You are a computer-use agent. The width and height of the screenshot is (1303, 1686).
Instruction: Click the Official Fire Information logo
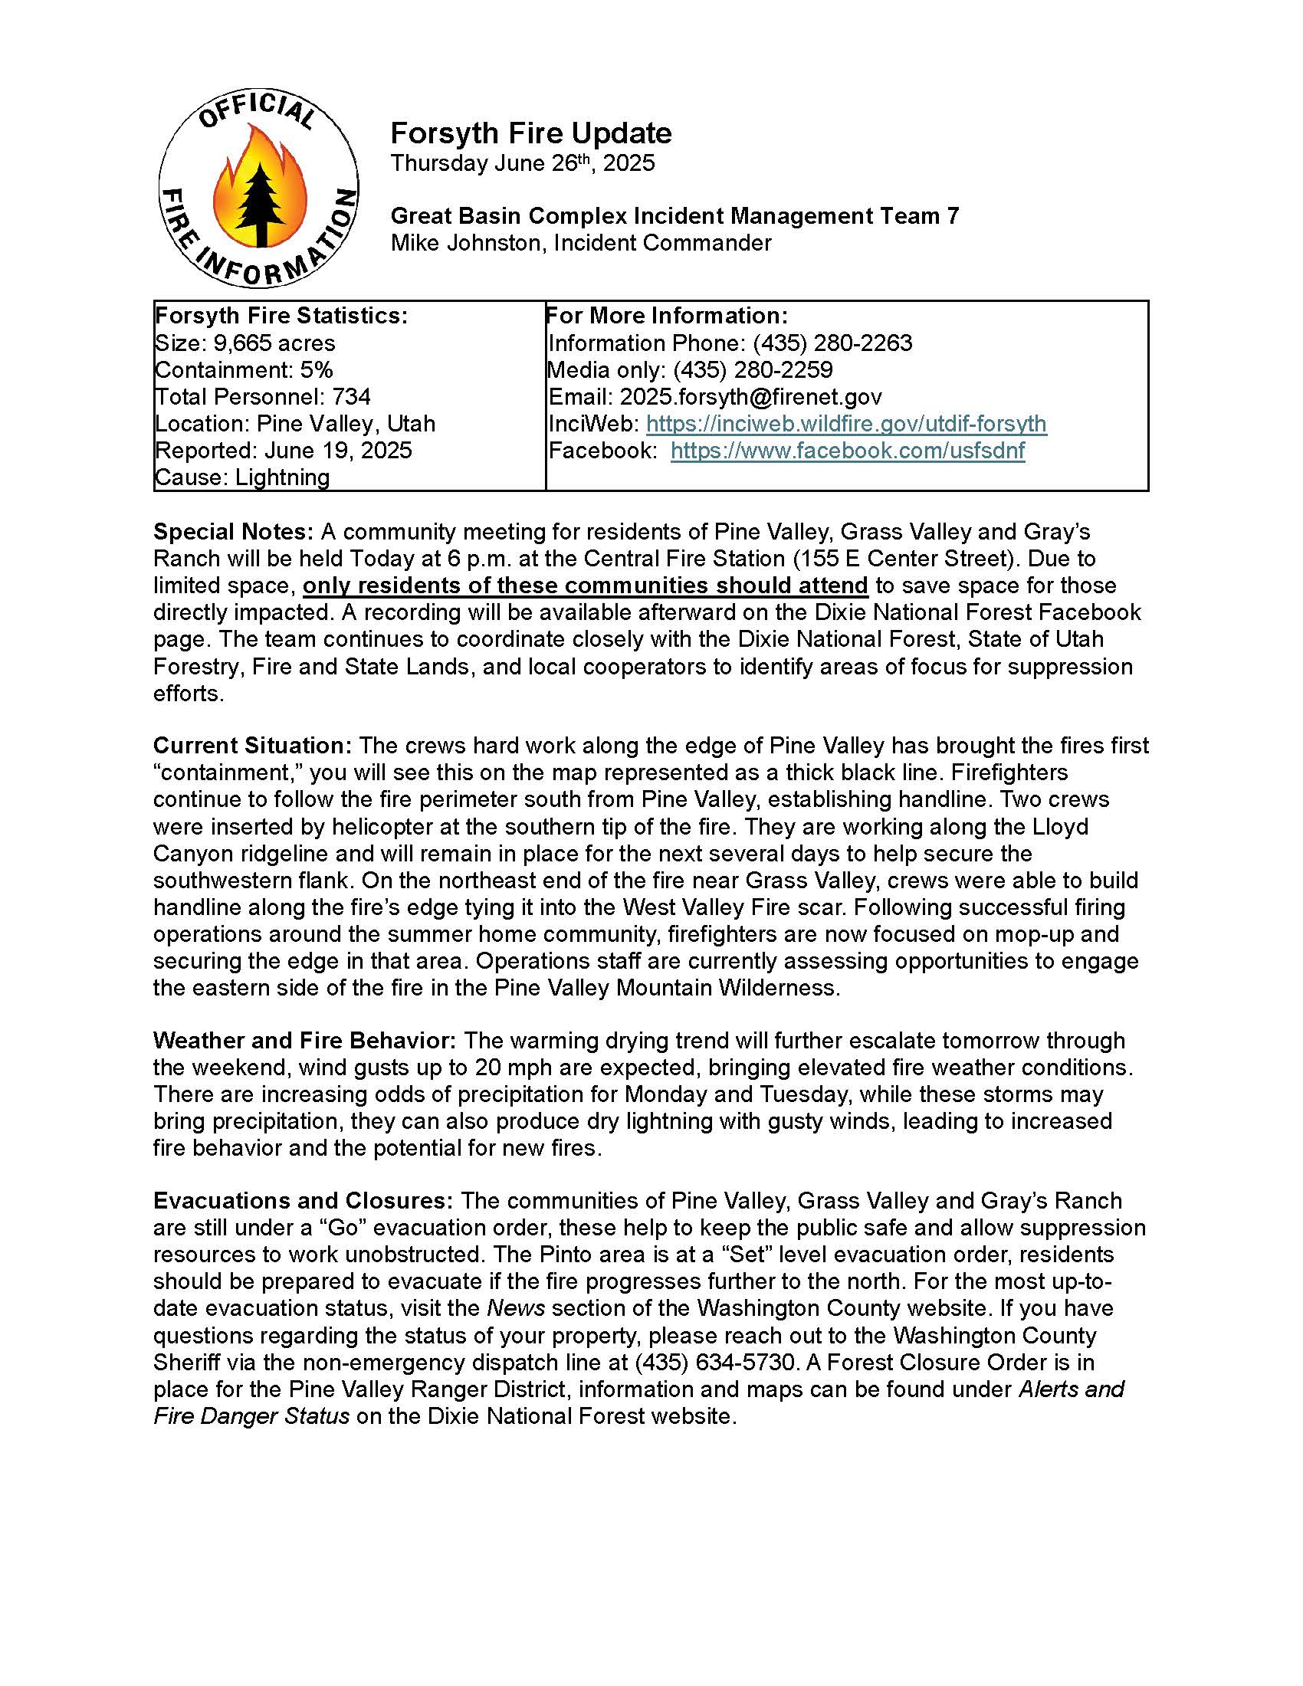[x=258, y=189]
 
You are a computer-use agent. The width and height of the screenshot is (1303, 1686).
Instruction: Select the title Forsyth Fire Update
[x=530, y=133]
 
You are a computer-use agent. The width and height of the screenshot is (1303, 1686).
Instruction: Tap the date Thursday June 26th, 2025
[x=522, y=163]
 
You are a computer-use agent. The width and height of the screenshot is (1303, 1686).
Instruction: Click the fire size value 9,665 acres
[x=274, y=343]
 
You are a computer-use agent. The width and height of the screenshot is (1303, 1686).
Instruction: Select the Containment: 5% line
[x=244, y=370]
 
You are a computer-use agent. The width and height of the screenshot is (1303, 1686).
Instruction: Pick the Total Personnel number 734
[x=351, y=397]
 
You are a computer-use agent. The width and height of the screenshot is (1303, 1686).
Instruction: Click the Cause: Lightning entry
[x=242, y=477]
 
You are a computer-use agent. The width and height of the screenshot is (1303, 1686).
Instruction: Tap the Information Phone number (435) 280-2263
[x=832, y=343]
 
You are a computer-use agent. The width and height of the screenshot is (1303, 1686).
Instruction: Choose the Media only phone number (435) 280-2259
[x=753, y=370]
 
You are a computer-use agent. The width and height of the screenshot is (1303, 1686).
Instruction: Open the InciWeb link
[x=846, y=424]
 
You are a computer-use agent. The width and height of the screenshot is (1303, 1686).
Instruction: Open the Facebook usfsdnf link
[x=848, y=451]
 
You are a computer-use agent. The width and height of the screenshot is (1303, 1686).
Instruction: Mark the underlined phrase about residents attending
[x=585, y=586]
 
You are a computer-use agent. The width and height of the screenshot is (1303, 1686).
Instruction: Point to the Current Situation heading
[x=252, y=746]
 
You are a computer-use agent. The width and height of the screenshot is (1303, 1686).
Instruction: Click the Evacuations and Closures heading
[x=303, y=1201]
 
